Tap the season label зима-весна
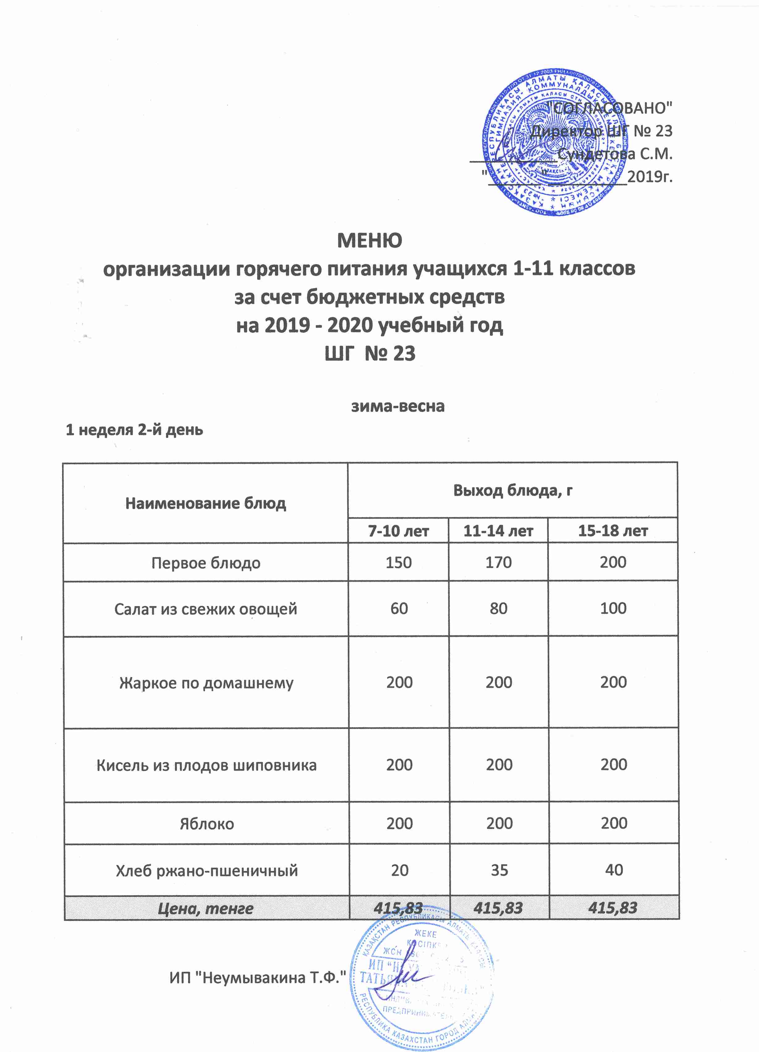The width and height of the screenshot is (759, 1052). coord(397,406)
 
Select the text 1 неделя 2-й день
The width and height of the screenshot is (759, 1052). coord(134,430)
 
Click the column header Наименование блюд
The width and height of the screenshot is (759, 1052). coord(206,503)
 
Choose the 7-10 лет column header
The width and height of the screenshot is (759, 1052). coord(398,531)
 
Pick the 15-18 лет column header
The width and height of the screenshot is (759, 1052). coord(613,531)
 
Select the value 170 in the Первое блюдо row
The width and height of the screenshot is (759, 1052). coord(498,563)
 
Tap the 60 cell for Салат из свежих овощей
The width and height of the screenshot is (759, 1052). coord(399,608)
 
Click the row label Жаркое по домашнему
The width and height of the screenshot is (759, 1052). coord(206,683)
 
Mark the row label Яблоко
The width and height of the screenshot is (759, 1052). coord(206,824)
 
